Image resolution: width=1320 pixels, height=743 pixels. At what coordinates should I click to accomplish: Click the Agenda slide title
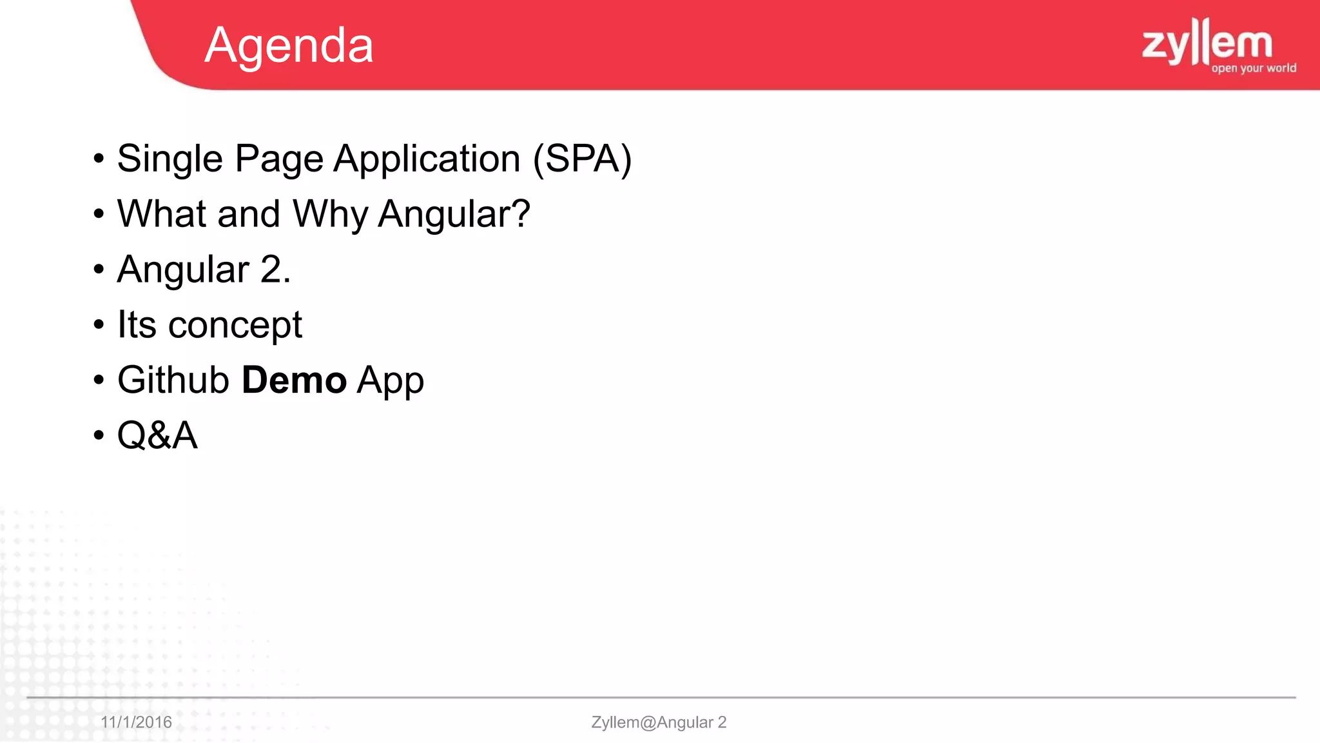[x=289, y=46]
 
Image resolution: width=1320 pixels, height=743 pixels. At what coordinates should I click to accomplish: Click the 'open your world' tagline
[x=1253, y=68]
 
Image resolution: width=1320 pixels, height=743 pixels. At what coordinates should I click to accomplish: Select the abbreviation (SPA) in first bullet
[x=582, y=159]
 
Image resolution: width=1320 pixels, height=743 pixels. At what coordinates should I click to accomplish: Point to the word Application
[x=427, y=159]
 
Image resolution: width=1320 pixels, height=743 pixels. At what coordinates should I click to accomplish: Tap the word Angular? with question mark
[x=454, y=214]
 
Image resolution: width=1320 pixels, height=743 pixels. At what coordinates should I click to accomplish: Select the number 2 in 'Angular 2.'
[x=271, y=270]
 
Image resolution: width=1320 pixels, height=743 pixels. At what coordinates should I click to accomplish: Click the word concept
[x=235, y=325]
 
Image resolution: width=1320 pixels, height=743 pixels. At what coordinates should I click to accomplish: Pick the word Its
[x=137, y=324]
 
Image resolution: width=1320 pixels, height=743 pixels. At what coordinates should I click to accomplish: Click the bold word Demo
[x=294, y=380]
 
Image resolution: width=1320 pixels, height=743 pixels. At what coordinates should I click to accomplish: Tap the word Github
[x=173, y=380]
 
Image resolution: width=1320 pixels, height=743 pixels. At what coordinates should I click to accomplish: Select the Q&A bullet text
[x=157, y=435]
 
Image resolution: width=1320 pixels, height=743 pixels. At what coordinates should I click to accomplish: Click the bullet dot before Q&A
[x=99, y=435]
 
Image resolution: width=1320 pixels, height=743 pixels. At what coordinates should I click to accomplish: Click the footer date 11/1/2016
[x=136, y=722]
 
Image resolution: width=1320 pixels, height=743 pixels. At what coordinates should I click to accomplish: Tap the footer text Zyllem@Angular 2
[x=659, y=722]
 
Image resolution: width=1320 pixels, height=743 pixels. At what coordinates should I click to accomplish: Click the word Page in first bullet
[x=278, y=159]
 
